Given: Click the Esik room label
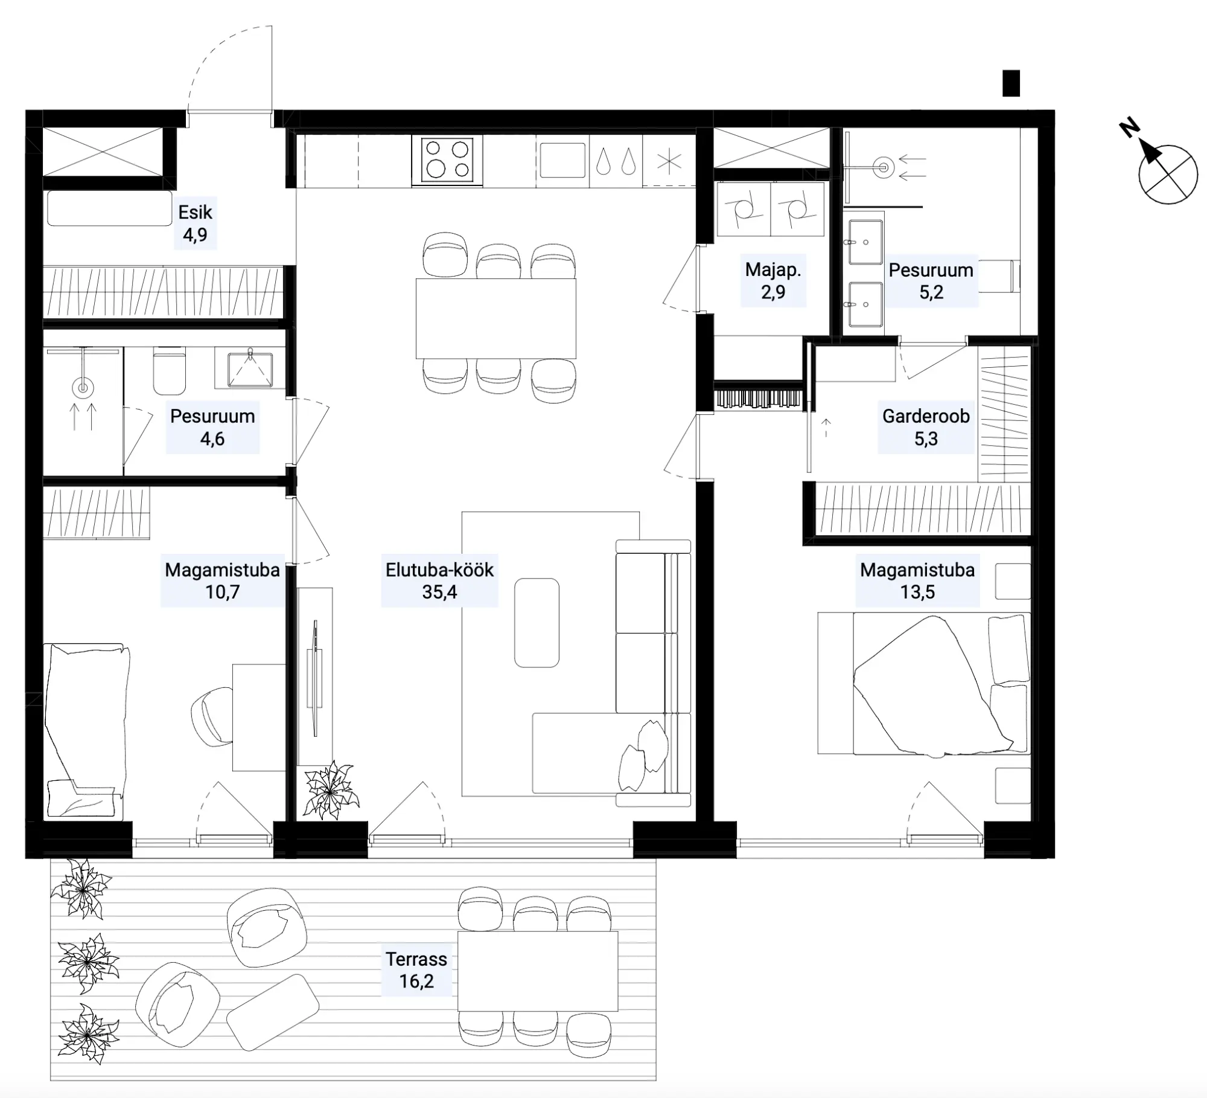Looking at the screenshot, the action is (195, 212).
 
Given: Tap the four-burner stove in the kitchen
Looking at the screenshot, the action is (447, 160).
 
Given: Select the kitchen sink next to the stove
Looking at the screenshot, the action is (562, 160).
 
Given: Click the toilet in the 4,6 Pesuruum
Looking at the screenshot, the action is (169, 370).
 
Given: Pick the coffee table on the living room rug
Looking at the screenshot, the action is (537, 623).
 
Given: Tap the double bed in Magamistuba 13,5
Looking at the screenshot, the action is (924, 684).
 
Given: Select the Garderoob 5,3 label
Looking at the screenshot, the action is (926, 427).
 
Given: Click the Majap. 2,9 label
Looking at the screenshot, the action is (773, 280).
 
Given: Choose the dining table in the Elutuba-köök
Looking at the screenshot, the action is (495, 318).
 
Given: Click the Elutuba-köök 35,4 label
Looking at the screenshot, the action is (439, 580).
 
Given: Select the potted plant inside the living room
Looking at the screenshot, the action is (330, 789).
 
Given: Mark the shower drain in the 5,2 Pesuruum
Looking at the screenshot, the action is (884, 167).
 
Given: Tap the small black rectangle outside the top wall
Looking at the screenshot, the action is (1011, 83).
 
